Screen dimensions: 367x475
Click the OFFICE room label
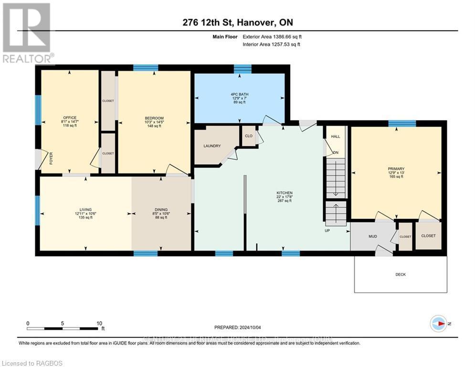70,118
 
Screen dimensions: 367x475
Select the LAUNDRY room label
211,146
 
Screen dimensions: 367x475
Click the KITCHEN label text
284,193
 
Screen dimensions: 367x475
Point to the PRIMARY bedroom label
396,169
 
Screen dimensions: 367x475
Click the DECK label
401,274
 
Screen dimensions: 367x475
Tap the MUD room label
373,236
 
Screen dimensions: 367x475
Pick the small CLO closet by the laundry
248,135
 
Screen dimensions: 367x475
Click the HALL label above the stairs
336,136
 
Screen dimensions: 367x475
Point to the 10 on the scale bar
99,323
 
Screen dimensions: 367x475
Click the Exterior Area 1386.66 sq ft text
272,36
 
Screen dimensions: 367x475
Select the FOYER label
51,159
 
